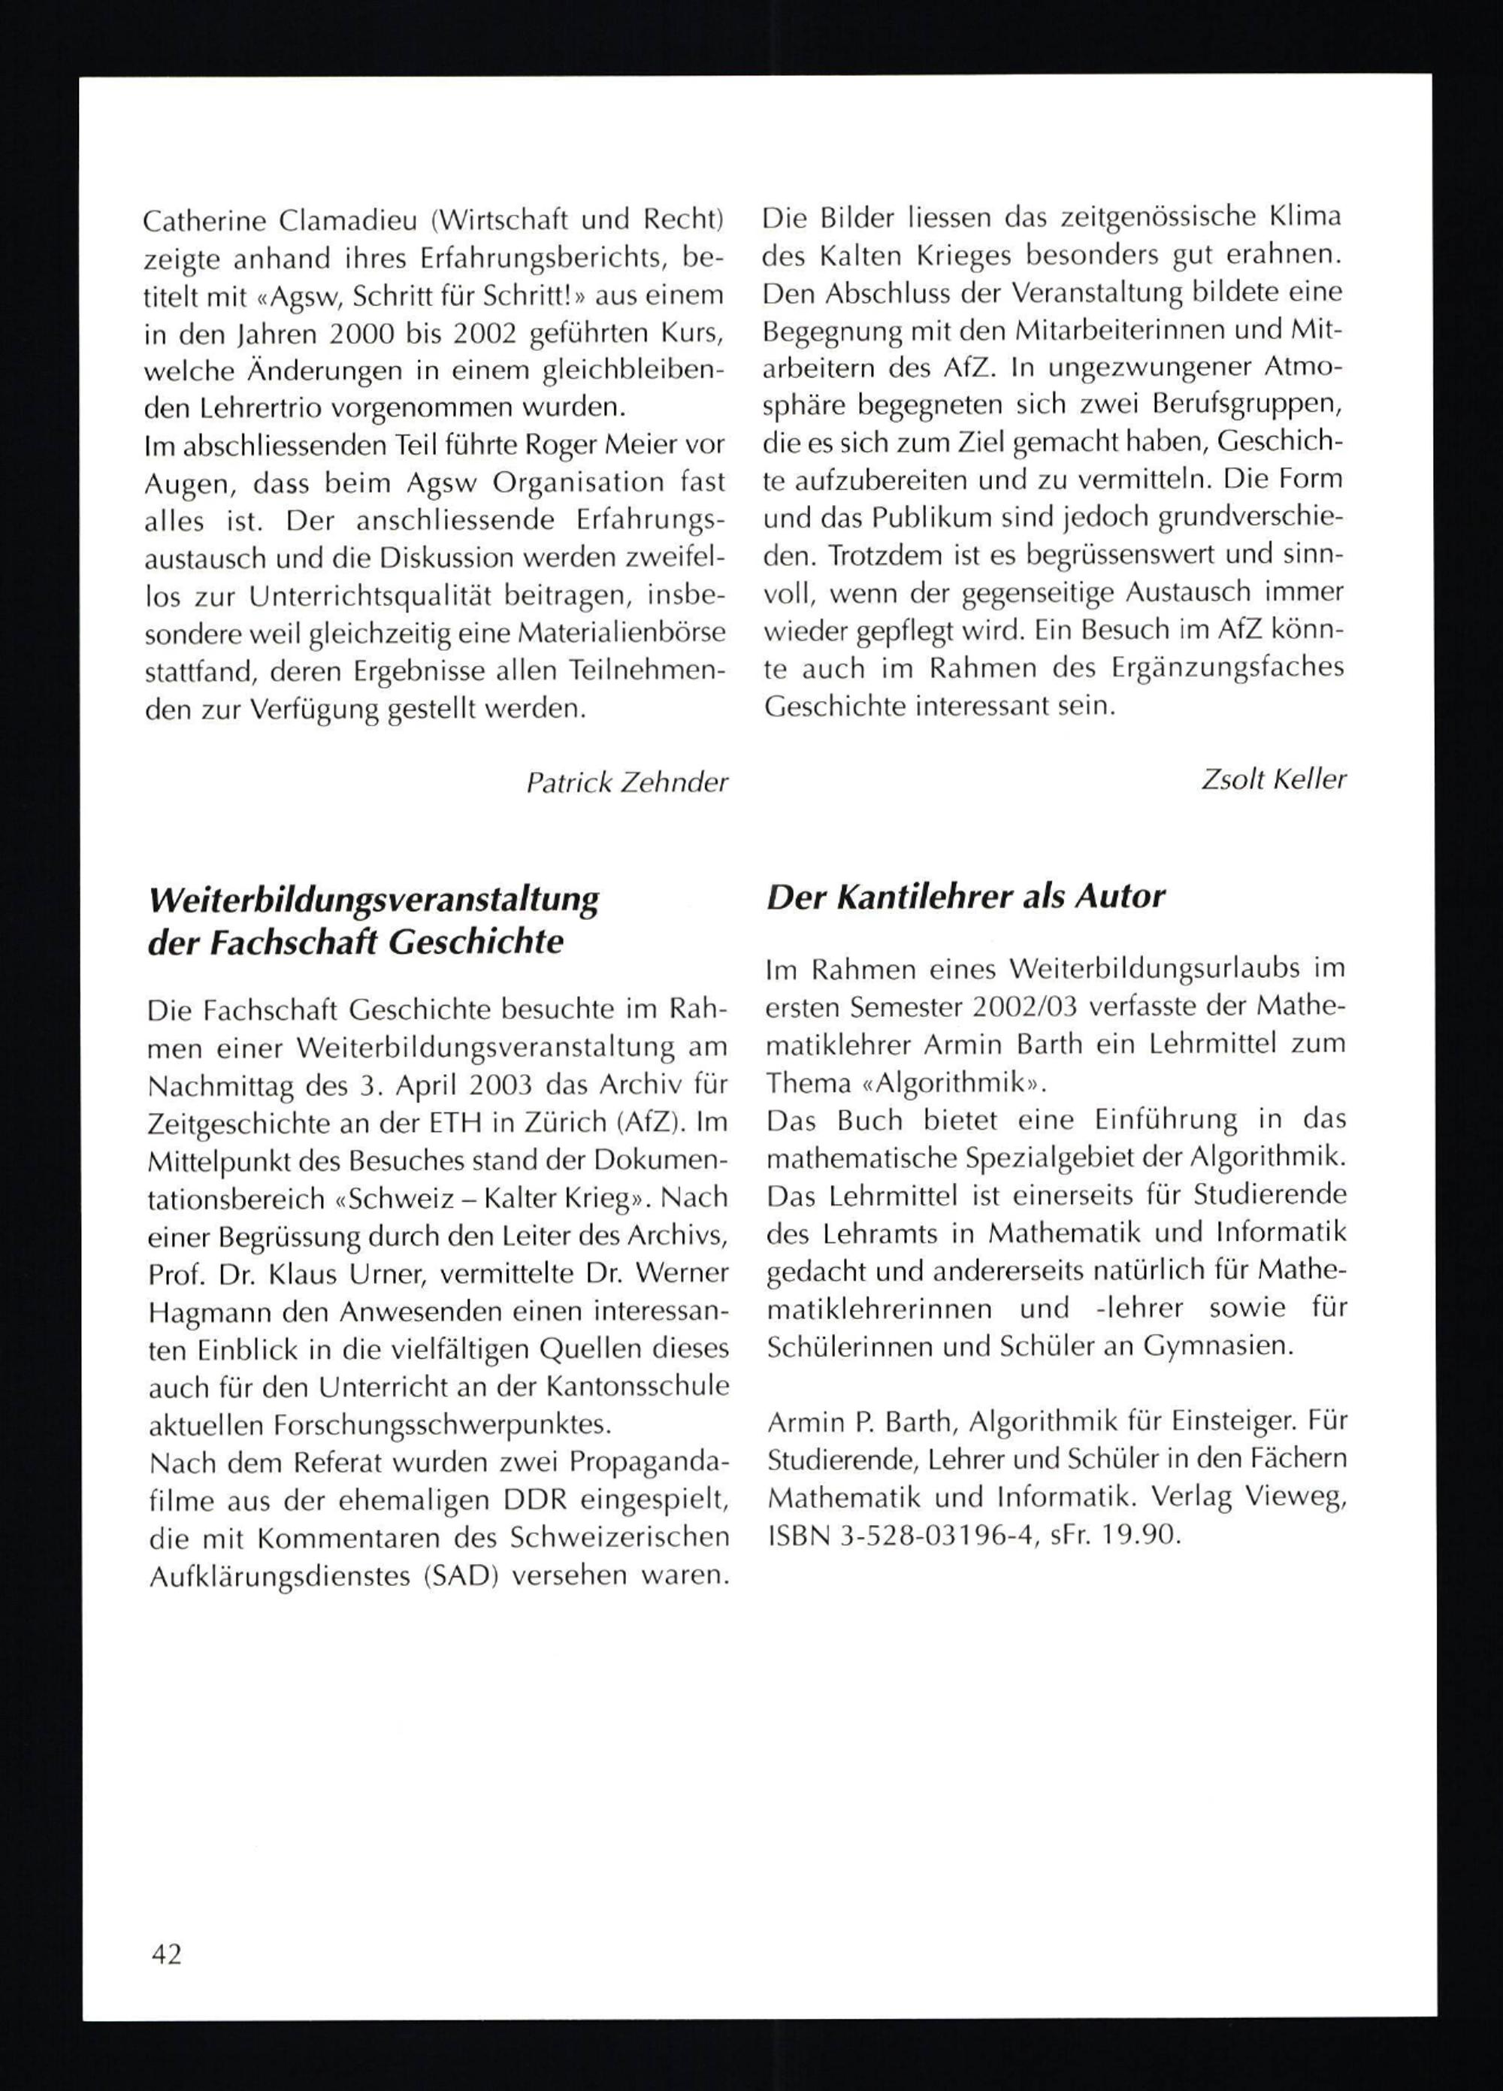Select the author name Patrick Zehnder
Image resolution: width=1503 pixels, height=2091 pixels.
click(x=626, y=782)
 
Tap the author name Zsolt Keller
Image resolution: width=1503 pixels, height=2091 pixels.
click(x=1273, y=779)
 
